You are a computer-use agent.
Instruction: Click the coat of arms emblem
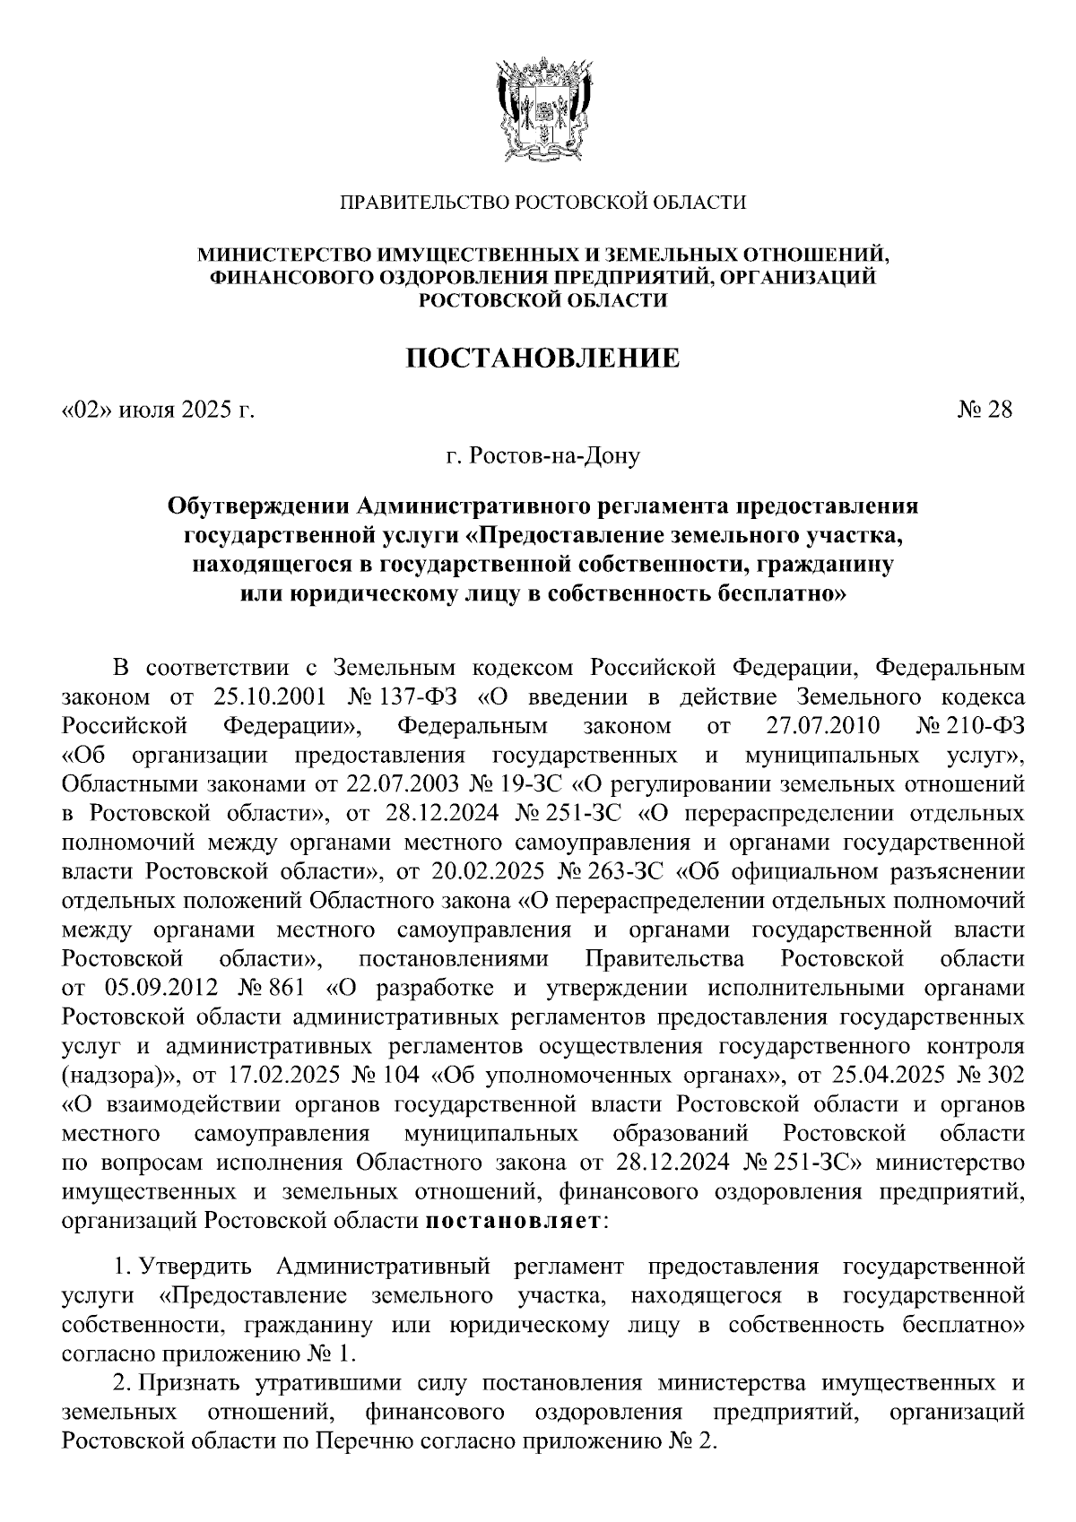(542, 108)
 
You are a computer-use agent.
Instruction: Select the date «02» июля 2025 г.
(158, 411)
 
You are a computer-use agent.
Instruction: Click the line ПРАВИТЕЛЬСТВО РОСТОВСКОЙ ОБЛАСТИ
(542, 203)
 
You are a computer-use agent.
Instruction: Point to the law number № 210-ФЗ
(972, 724)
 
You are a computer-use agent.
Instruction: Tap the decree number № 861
(273, 989)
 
